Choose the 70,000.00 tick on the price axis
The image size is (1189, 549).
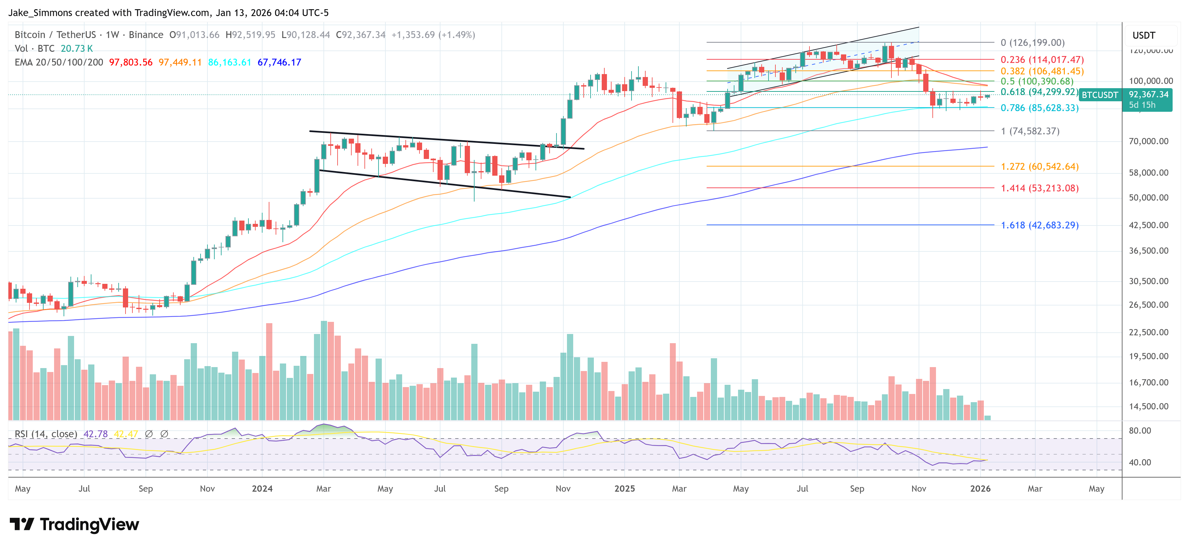coord(1148,141)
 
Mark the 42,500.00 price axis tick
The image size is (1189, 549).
coord(1148,225)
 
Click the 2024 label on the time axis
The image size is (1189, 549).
coord(262,488)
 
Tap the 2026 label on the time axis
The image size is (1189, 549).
coord(980,488)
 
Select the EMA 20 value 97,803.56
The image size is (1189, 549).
coord(131,62)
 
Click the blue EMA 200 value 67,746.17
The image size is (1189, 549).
coord(279,62)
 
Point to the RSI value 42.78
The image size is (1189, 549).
coord(96,434)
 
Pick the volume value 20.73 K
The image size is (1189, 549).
coord(77,49)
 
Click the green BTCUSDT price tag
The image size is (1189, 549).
coord(1100,95)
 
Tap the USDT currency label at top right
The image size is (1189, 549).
coord(1143,35)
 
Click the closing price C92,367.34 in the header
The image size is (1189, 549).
coord(361,35)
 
